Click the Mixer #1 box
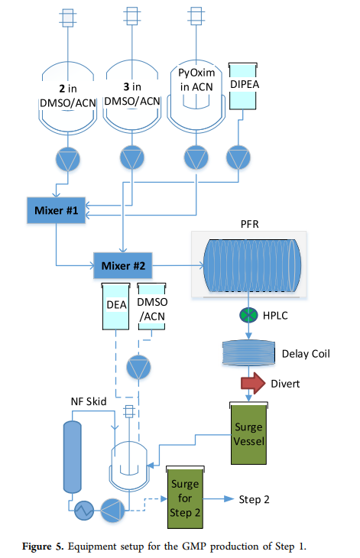(57, 210)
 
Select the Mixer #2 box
(123, 265)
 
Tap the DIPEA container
(243, 86)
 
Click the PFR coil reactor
(252, 265)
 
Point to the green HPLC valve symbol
(248, 315)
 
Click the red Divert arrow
(253, 383)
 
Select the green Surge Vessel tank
(248, 433)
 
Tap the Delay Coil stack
(248, 352)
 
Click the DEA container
(115, 307)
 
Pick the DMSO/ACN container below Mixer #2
(151, 307)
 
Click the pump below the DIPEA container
(238, 157)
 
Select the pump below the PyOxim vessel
(196, 157)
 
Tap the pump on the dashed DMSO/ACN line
(139, 367)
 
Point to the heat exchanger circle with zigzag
(84, 511)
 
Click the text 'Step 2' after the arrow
(254, 499)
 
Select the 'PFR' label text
(250, 224)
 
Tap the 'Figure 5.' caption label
(43, 547)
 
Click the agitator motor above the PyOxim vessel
(196, 16)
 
